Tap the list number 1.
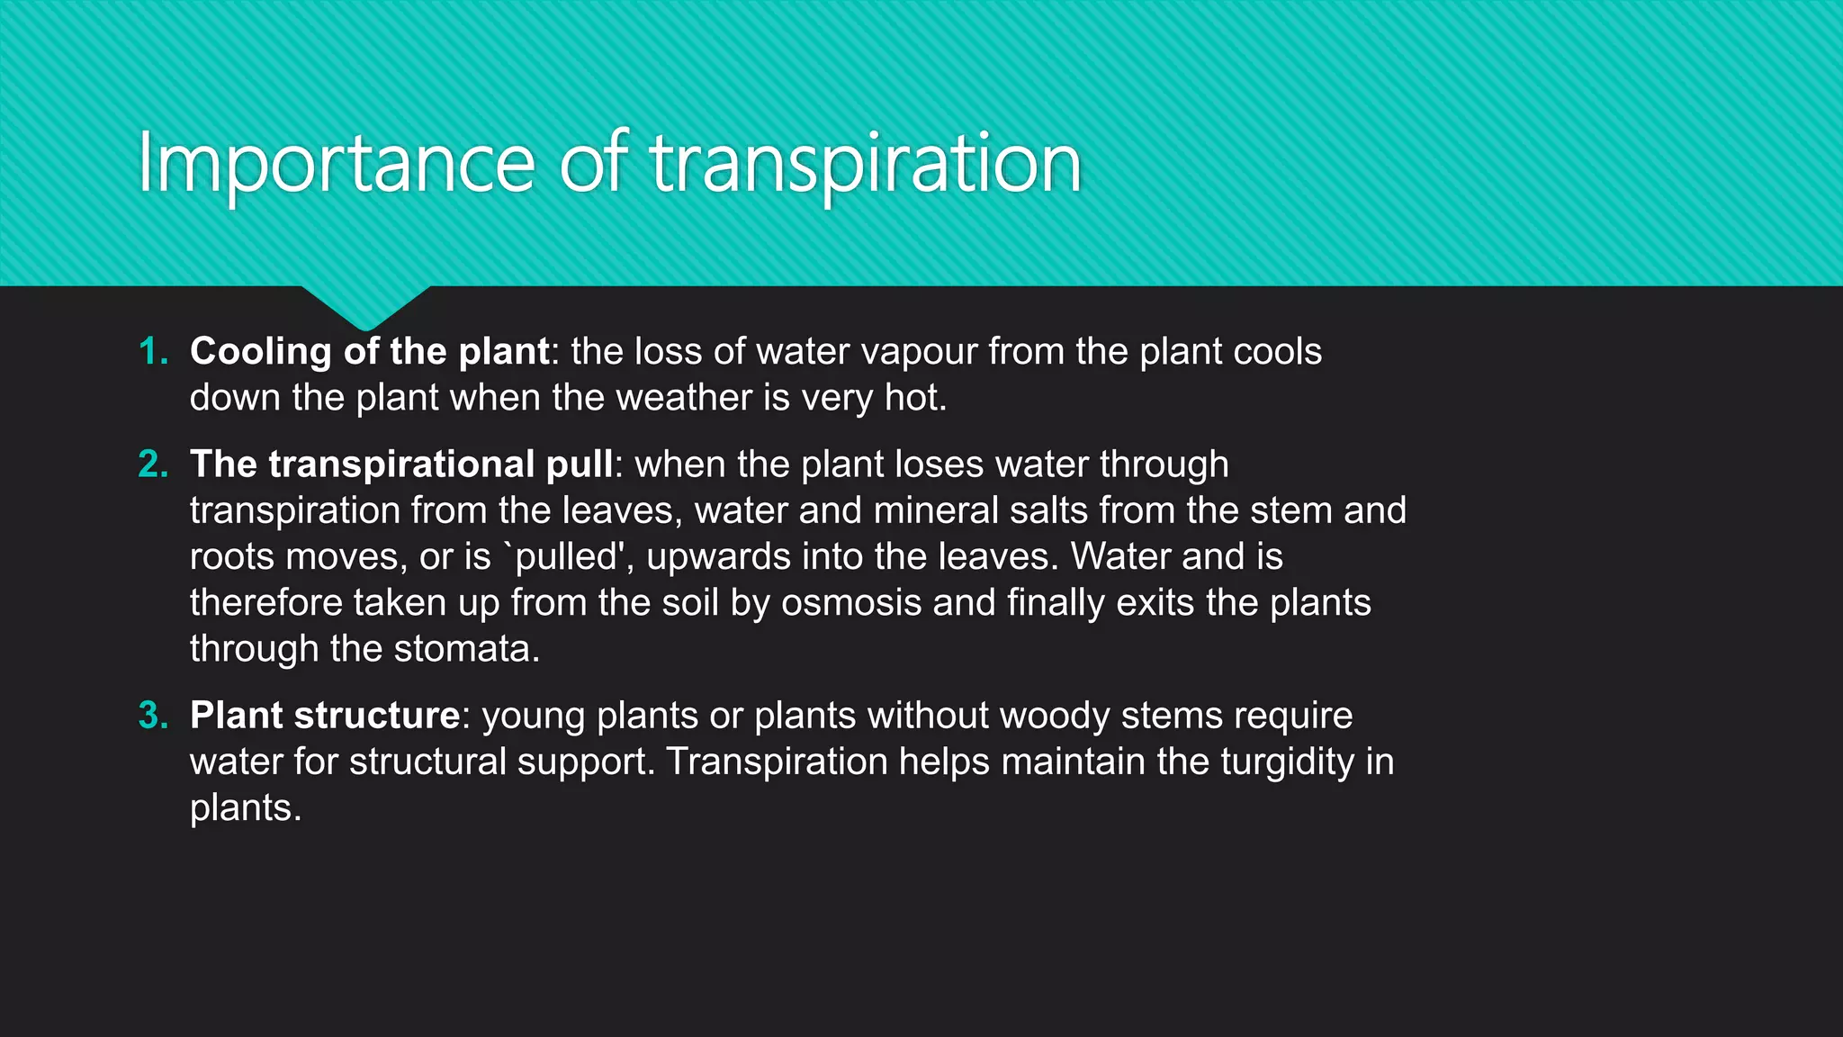click(153, 351)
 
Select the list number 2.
click(153, 464)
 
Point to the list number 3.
click(153, 716)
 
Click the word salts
click(1048, 510)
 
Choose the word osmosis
click(851, 603)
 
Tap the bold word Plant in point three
click(237, 716)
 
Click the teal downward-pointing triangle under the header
click(365, 304)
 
